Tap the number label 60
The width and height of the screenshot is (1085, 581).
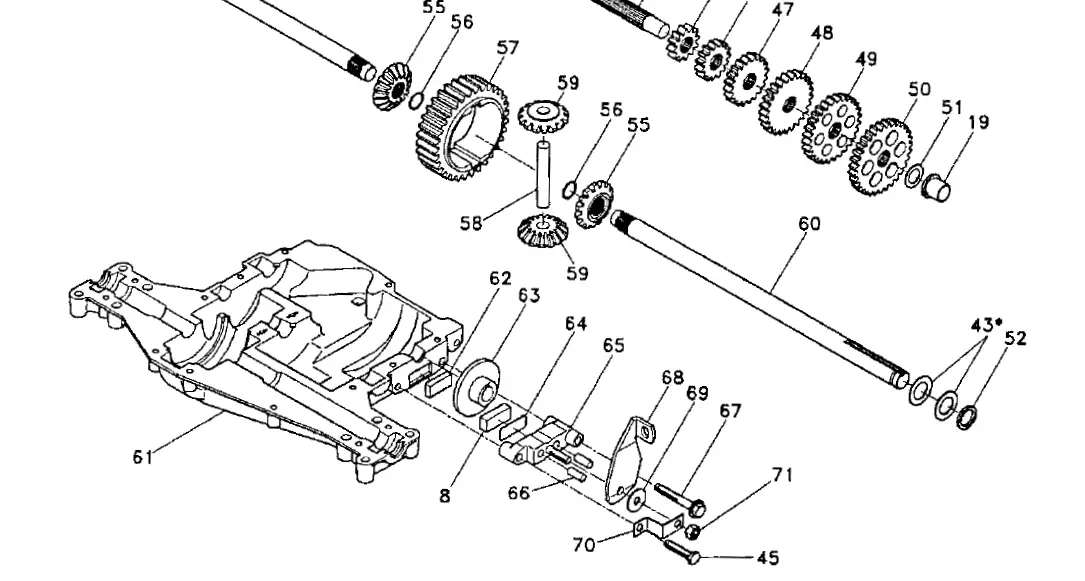(x=809, y=223)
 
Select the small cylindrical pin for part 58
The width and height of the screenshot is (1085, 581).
(x=545, y=176)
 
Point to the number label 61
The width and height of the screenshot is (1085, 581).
(x=146, y=457)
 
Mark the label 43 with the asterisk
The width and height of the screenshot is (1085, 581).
(x=986, y=325)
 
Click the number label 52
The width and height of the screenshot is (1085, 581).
(x=1015, y=339)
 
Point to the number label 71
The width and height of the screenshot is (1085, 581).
(x=781, y=475)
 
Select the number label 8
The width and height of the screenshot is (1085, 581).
(x=444, y=493)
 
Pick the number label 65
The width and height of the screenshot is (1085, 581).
(x=613, y=345)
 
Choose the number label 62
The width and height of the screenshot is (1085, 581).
(x=500, y=279)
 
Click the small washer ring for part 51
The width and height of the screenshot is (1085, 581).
(x=914, y=176)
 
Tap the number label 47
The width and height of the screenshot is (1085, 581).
(x=782, y=10)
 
